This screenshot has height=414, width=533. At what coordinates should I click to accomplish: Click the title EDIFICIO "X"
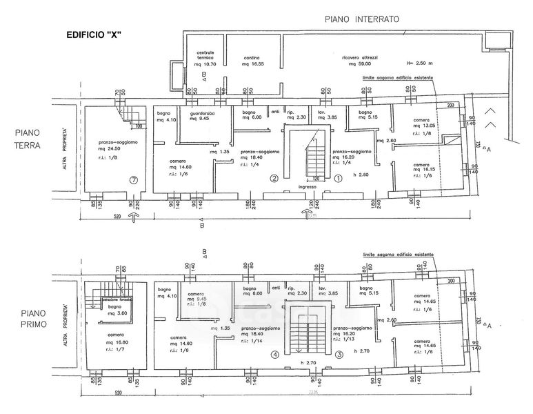click(94, 35)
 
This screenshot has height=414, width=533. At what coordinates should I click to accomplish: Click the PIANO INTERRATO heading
click(362, 20)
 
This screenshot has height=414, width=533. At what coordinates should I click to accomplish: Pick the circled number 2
click(274, 179)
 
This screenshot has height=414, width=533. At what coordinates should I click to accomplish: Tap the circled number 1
click(339, 179)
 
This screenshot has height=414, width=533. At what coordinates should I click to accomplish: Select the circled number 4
click(274, 355)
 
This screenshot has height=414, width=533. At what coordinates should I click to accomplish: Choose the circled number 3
click(339, 355)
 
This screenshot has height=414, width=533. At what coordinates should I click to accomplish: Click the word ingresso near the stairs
click(308, 187)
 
